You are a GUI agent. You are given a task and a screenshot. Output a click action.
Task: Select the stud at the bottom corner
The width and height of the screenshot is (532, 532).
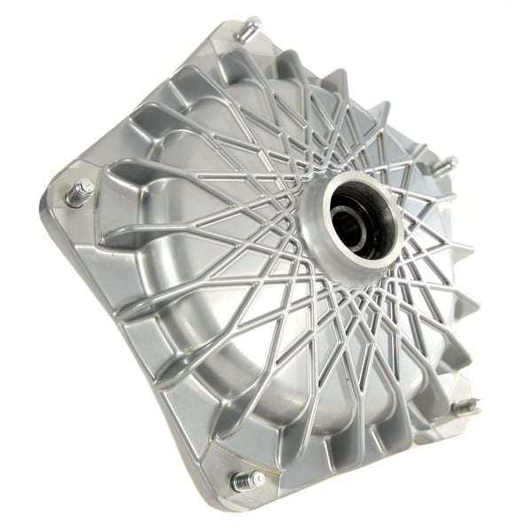[x=247, y=481]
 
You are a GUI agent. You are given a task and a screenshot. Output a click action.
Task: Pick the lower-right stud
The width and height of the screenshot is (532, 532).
[x=465, y=407]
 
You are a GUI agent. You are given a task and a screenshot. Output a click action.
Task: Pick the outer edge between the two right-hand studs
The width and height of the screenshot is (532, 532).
[x=474, y=293]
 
